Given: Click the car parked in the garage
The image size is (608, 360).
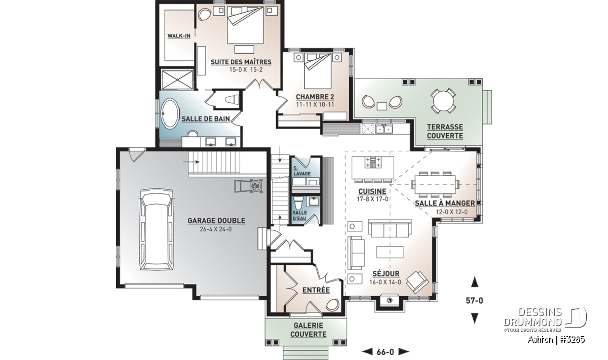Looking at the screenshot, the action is tap(157, 230).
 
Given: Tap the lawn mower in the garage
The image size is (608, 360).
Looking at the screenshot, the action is tap(249, 186).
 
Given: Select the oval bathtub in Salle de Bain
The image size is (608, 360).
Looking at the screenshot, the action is tap(170, 113).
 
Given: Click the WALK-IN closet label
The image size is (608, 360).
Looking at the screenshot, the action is tap(179, 36).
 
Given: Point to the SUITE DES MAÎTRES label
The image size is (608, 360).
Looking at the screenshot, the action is tap(241, 62).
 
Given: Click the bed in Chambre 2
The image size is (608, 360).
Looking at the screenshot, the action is tap(318, 70).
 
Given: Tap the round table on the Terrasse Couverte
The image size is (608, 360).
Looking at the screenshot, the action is tap(443, 101).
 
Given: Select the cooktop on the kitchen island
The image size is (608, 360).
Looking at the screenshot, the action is tap(373, 162).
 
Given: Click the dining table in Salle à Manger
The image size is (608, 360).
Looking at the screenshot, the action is tap(435, 184).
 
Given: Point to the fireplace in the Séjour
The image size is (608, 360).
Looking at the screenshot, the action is tap(390, 300).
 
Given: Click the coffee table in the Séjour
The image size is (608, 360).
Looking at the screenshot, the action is tap(390, 252).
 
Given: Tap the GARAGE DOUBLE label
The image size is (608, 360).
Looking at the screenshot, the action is tap(216, 221).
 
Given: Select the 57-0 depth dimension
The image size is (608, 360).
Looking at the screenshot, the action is tap(474, 301).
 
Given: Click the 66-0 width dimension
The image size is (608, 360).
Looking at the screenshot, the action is tap(385, 352).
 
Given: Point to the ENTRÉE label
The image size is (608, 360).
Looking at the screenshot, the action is tap(316, 290).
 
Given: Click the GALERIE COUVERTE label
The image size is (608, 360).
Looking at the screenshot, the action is tap(309, 330).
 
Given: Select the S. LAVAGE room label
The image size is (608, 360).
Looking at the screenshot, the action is tap(302, 171).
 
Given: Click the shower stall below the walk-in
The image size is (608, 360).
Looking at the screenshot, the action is tap(177, 79).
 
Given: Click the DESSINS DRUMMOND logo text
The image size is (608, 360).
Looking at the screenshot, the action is tap(533, 317).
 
